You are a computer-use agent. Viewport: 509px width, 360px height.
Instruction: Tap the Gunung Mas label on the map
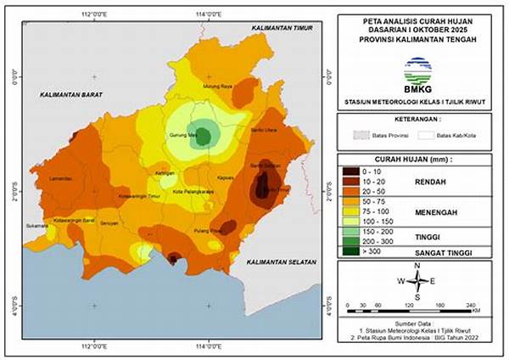pos(182,135)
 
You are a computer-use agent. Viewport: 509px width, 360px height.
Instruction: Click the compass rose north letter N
pos(417,266)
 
